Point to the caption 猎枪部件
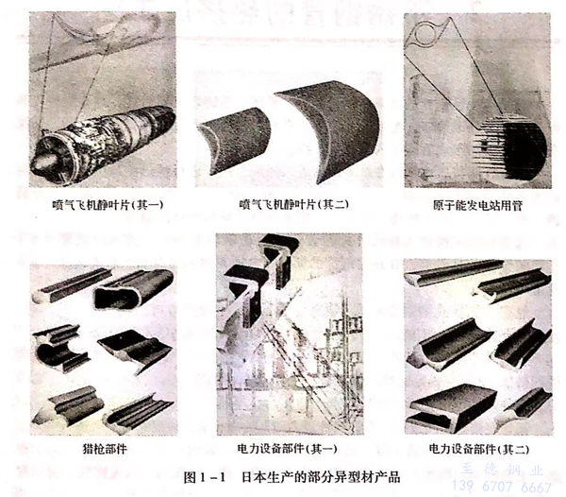[101, 446]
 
